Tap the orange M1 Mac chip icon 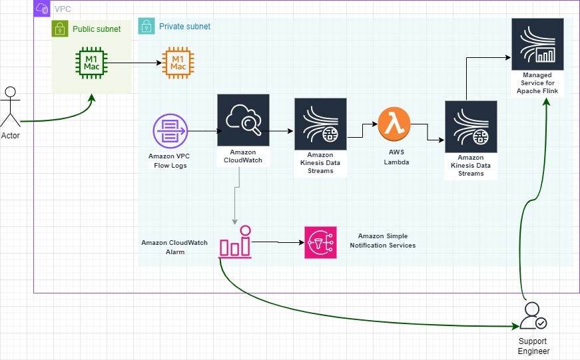pos(178,63)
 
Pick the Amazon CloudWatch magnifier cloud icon pos(243,120)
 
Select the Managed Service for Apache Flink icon pos(537,44)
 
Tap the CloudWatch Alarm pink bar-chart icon pos(234,242)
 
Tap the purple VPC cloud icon pos(42,9)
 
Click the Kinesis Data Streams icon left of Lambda pos(320,124)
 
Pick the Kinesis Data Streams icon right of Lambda pos(471,126)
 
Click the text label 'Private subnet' pos(184,27)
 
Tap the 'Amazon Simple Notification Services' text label pos(382,241)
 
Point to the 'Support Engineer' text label pos(534,346)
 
